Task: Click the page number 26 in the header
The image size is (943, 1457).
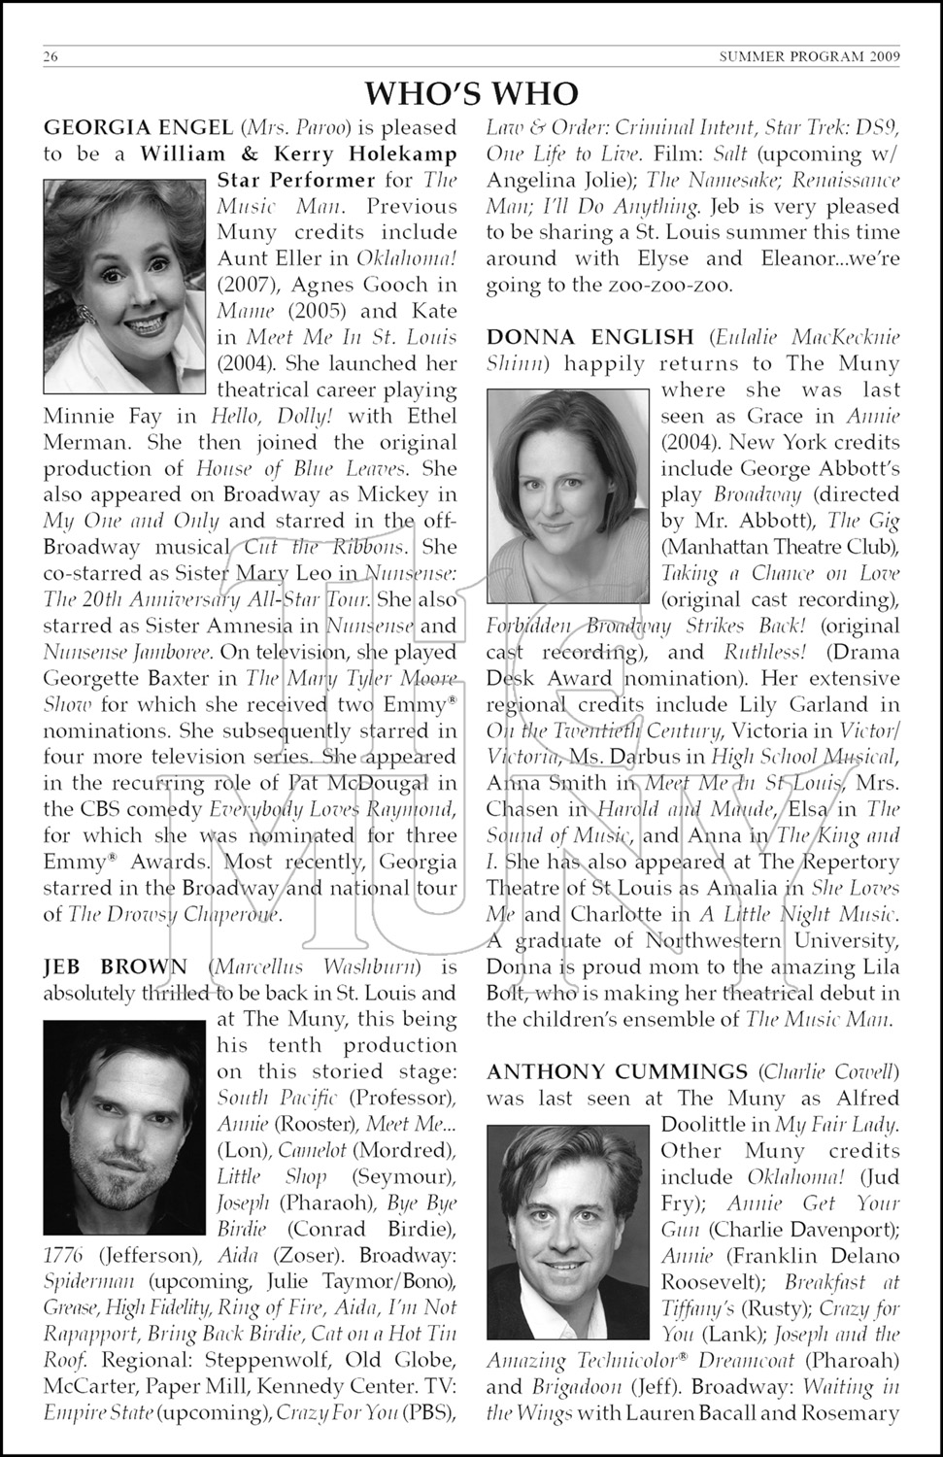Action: tap(51, 56)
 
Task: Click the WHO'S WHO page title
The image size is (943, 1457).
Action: tap(471, 93)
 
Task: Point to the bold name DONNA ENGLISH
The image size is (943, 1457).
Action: tap(590, 337)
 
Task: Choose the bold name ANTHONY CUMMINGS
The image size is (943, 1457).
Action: tap(617, 1071)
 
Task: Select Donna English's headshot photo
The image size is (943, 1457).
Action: tap(568, 495)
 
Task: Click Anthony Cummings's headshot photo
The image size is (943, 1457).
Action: tap(568, 1230)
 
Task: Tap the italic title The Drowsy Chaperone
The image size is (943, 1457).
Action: tap(175, 914)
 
